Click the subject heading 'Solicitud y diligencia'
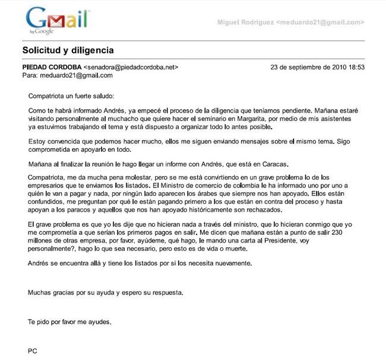[x=68, y=49]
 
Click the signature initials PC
[x=33, y=351]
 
